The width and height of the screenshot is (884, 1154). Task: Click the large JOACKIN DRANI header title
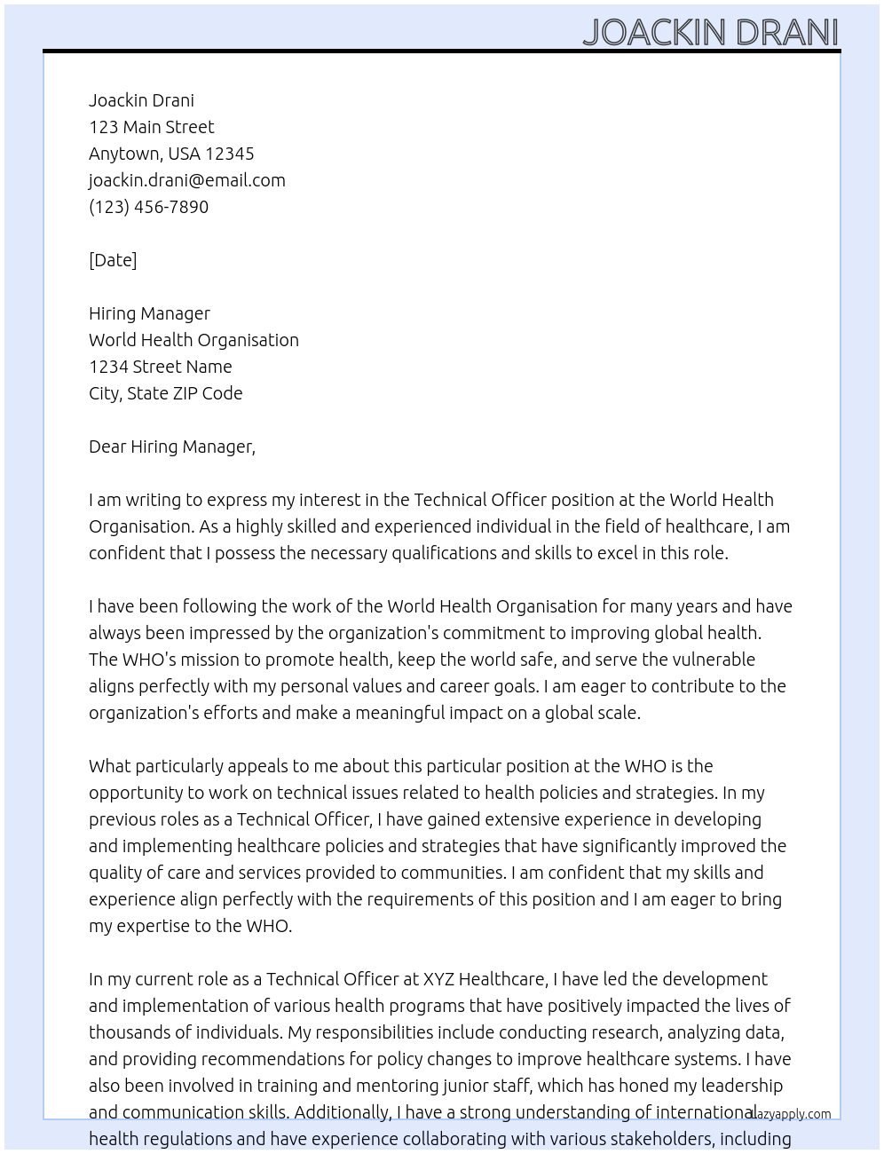pos(710,32)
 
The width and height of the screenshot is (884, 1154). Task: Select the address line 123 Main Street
pos(151,127)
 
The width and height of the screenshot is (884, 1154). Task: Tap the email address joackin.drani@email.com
pos(186,180)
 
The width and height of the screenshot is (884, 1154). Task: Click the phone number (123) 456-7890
pos(148,207)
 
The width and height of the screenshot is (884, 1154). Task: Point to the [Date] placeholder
pos(113,260)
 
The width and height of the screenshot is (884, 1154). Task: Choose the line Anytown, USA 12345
pos(171,154)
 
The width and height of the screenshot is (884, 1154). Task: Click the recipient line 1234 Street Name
pos(160,367)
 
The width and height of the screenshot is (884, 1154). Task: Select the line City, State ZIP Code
pos(165,393)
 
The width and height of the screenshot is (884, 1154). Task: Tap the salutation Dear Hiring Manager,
pos(171,447)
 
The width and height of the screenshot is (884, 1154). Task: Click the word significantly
pos(616,846)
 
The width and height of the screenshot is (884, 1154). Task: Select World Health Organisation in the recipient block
pos(193,340)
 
